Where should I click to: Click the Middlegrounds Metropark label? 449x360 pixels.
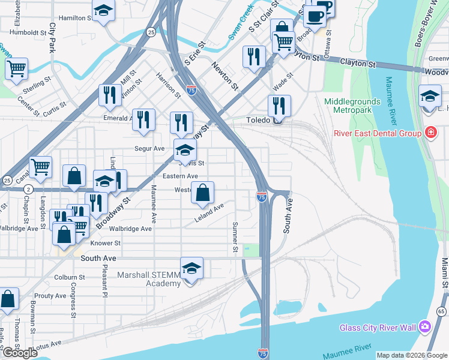(x=353, y=106)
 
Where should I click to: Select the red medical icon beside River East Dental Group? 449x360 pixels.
(x=430, y=133)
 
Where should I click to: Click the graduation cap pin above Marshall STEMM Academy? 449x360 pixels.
(x=191, y=268)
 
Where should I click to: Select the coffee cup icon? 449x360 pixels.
(x=314, y=14)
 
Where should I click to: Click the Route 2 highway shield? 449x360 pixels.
(x=28, y=189)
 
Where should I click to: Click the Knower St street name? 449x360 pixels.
(x=106, y=243)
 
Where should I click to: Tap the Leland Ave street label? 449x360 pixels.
(x=209, y=212)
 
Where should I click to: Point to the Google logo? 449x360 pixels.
(x=20, y=353)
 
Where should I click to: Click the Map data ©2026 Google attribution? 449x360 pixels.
(x=412, y=355)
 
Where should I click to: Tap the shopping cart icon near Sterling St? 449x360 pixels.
(x=16, y=68)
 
